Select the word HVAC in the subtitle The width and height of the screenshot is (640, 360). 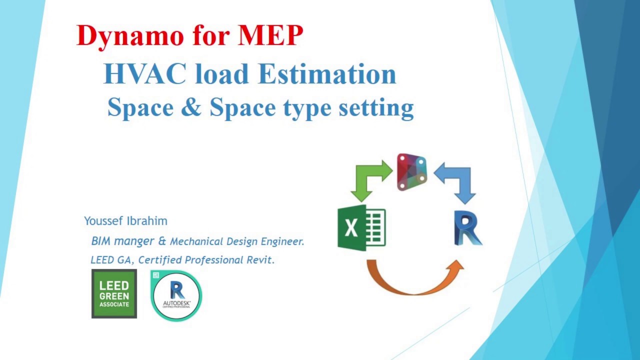pos(144,74)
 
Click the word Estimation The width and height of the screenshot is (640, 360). pos(327,74)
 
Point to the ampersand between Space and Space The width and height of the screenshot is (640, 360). pos(190,107)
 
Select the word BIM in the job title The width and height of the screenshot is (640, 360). pos(101,241)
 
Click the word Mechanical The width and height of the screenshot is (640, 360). pos(196,241)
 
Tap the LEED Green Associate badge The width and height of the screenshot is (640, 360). pos(114,293)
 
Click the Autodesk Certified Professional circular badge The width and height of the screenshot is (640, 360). pos(176,295)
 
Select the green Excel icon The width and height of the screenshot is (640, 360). pos(361,228)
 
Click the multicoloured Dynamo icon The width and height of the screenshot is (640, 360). pos(412,172)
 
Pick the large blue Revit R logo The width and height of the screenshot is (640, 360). pos(467,228)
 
